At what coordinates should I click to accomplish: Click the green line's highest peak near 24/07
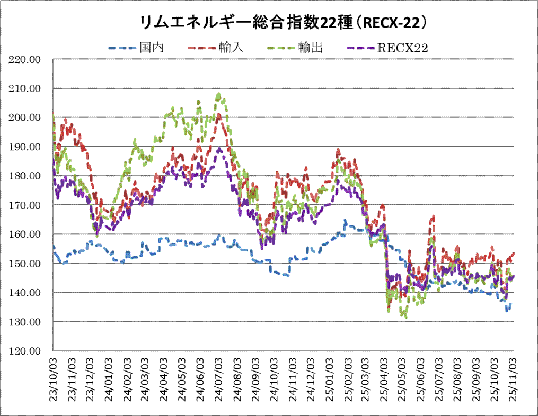(x=218, y=94)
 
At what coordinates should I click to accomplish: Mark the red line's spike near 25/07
(x=433, y=216)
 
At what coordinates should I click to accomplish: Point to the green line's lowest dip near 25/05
(x=405, y=317)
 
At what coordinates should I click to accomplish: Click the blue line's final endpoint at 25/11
(x=512, y=302)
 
